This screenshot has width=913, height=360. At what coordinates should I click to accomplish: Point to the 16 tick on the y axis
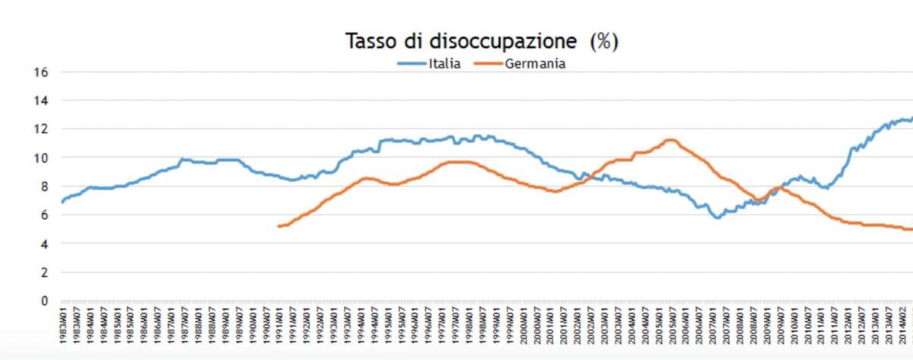click(42, 72)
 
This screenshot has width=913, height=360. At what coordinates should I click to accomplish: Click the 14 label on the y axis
click(42, 100)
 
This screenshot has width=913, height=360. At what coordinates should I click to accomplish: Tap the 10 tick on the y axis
click(42, 158)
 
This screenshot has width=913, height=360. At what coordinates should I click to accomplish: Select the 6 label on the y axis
click(44, 215)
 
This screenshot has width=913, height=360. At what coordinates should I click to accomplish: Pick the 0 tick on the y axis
click(44, 301)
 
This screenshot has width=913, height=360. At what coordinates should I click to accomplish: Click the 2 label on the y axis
click(44, 272)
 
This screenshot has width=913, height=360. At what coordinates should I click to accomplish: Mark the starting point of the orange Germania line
click(278, 226)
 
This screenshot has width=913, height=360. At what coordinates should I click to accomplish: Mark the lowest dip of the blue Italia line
click(717, 218)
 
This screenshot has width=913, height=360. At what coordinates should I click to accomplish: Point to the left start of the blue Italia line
click(62, 202)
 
